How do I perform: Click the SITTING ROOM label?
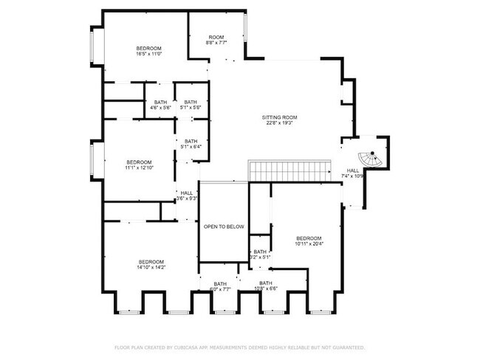(279, 117)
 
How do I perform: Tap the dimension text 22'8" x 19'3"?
(279, 123)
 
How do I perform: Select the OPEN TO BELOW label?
(224, 226)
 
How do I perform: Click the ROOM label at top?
(216, 37)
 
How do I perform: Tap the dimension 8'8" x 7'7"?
(216, 43)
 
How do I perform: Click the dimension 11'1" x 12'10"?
(139, 168)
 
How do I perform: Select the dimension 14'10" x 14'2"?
(151, 268)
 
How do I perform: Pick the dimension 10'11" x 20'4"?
(309, 243)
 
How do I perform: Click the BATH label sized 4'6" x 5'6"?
(160, 102)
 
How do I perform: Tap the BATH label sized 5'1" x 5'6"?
(191, 102)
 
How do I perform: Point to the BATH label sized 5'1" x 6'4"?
(191, 141)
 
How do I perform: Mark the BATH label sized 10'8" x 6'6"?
(265, 283)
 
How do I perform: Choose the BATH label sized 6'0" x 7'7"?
(220, 283)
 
